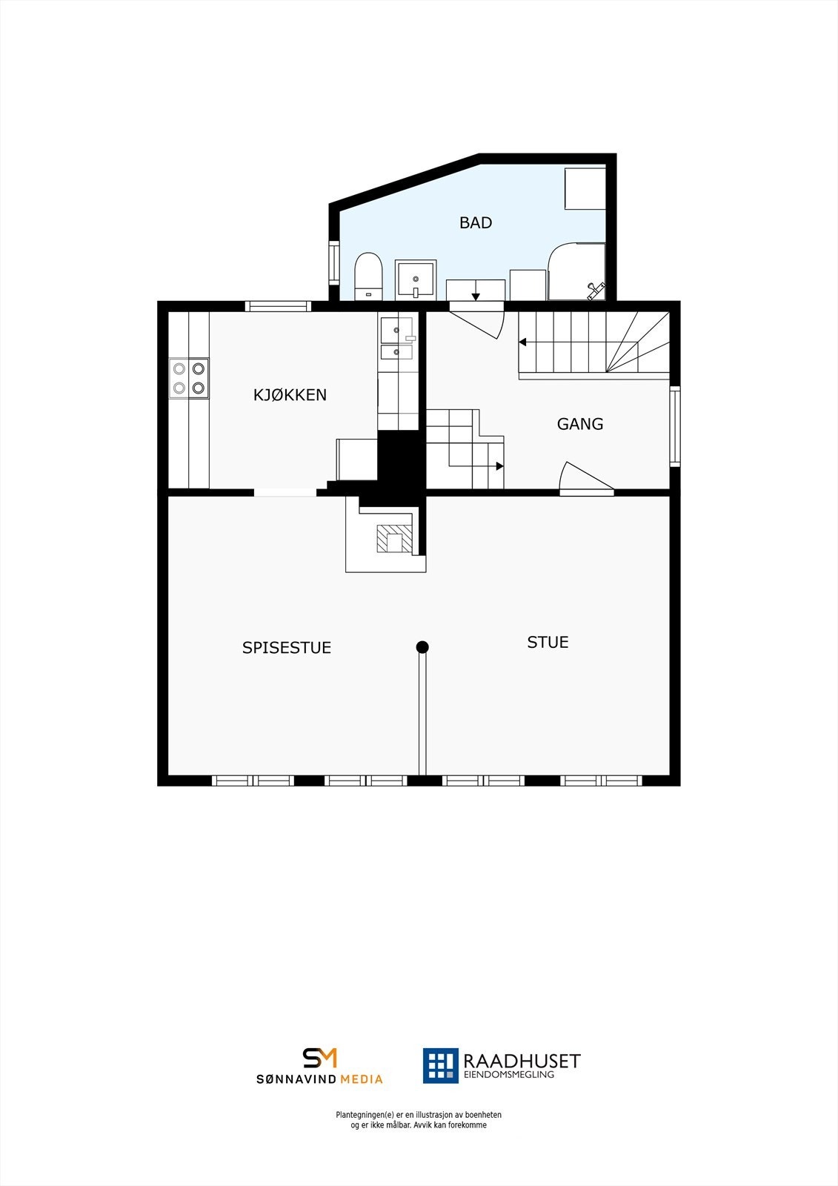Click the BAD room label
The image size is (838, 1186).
(x=476, y=222)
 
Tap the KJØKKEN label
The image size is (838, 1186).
(x=290, y=394)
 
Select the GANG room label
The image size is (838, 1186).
(x=580, y=424)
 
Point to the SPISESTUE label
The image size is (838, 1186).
(x=287, y=647)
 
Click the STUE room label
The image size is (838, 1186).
(x=548, y=642)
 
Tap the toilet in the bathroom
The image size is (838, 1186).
(x=368, y=275)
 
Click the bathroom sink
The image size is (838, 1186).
(x=415, y=279)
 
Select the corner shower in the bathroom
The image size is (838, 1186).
(x=576, y=272)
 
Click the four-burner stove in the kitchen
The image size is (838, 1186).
(x=188, y=378)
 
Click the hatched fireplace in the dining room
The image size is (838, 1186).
(x=393, y=538)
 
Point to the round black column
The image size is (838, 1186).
(x=422, y=647)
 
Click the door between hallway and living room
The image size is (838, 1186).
(x=585, y=480)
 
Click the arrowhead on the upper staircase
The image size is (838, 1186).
(x=522, y=342)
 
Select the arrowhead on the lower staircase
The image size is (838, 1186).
(x=500, y=466)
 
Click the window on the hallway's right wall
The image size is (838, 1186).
(x=674, y=426)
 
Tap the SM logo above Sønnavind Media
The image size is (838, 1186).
(x=319, y=1058)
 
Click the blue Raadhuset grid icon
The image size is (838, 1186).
(x=441, y=1065)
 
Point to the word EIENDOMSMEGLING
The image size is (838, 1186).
(x=508, y=1074)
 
